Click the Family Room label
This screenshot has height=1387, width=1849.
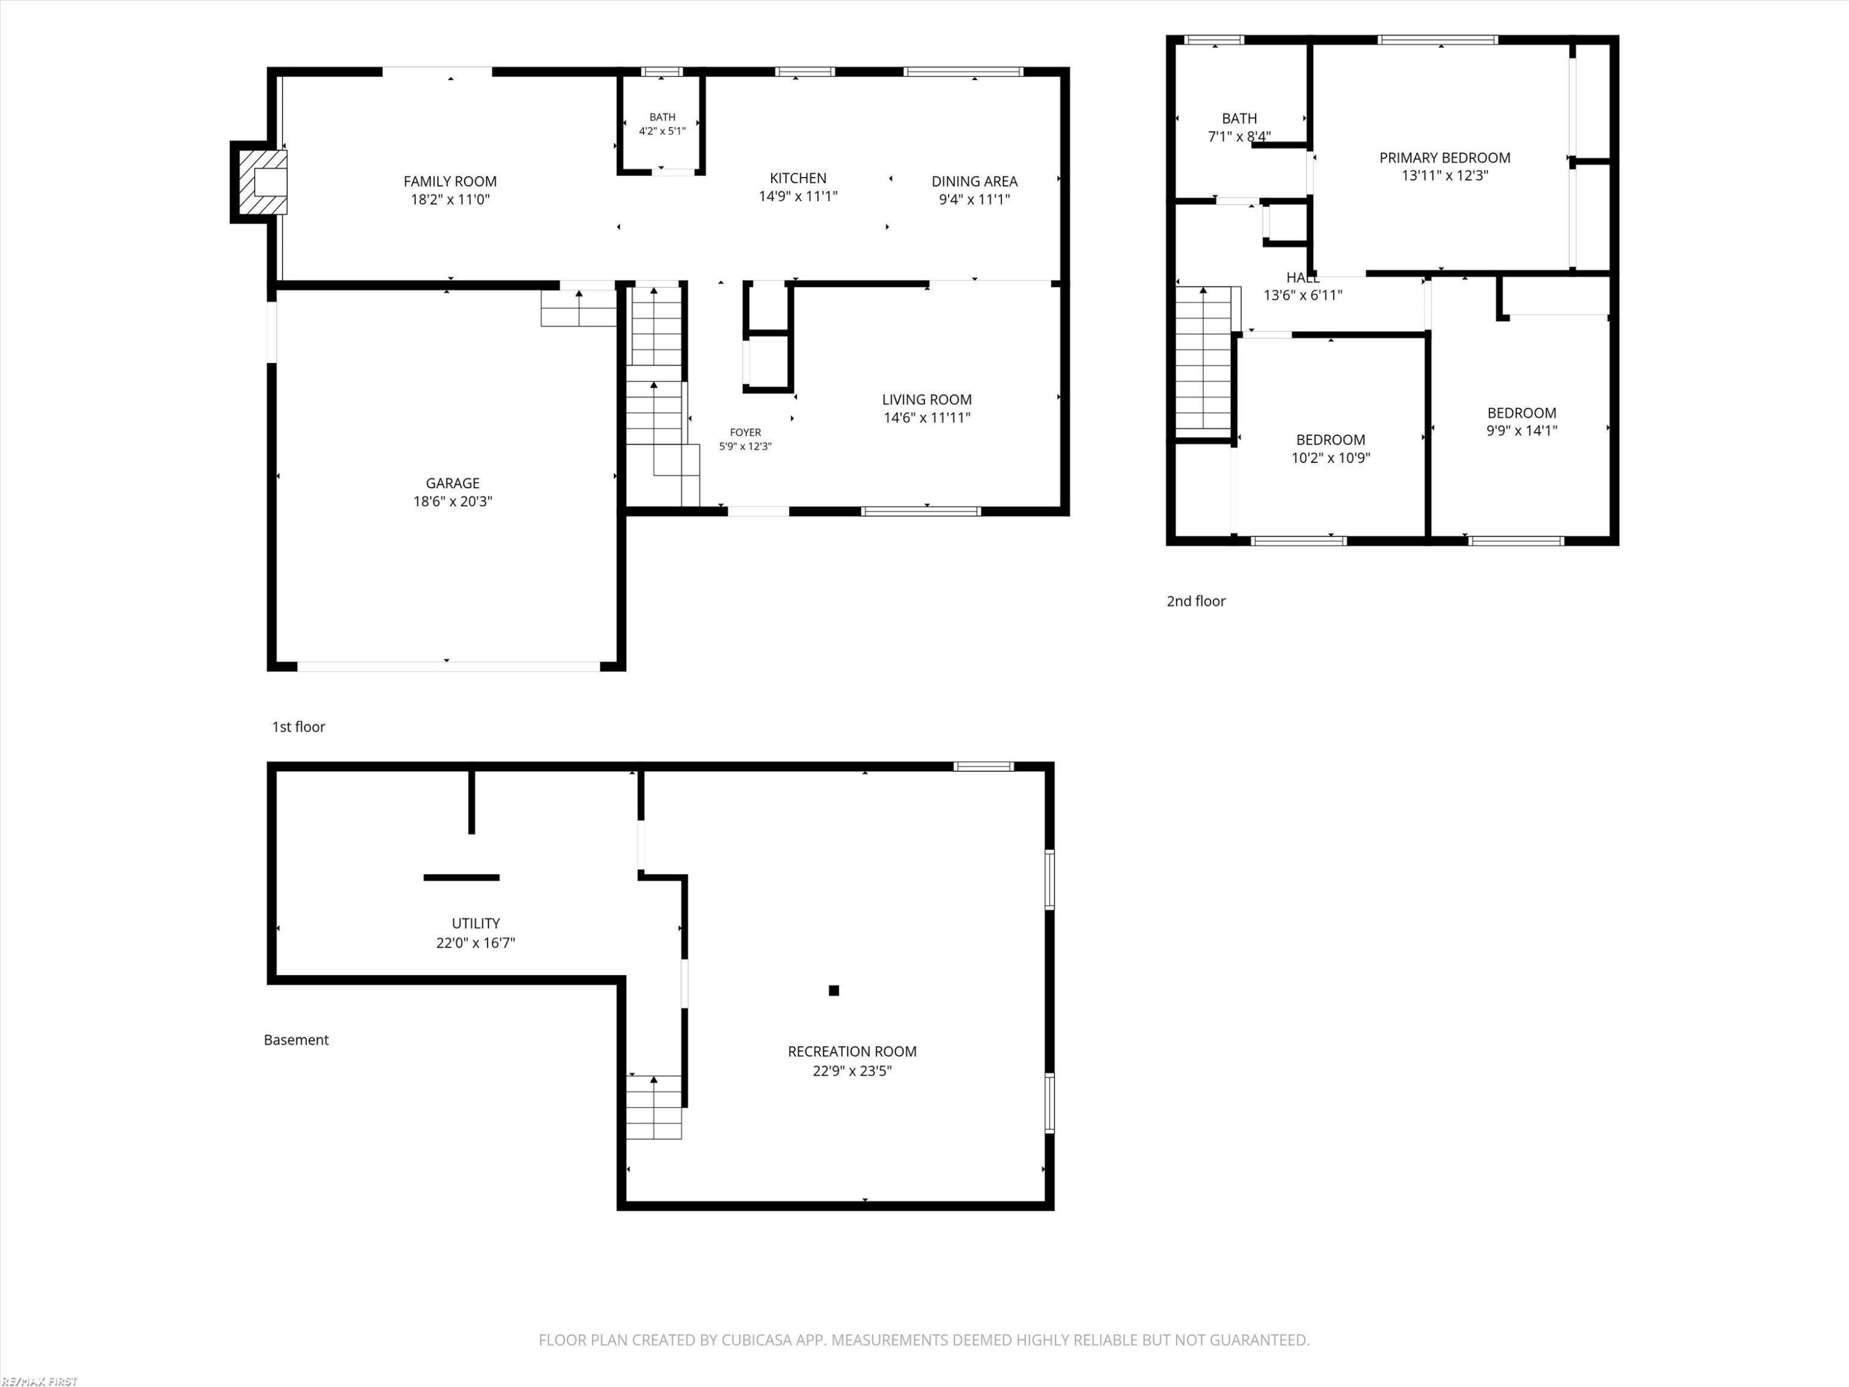click(450, 181)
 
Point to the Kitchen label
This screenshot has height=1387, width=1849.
click(798, 178)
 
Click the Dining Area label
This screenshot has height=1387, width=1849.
click(974, 181)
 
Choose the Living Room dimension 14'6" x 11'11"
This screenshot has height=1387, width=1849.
click(927, 418)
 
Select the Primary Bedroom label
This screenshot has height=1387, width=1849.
click(1445, 158)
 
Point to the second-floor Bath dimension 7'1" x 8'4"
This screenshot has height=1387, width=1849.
click(1239, 136)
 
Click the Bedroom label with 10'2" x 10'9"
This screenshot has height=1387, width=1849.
click(1331, 440)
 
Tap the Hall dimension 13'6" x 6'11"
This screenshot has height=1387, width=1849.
click(1303, 295)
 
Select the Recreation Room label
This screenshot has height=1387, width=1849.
click(852, 1052)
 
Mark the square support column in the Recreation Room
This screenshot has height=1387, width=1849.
click(833, 991)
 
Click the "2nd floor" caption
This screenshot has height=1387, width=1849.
click(1196, 601)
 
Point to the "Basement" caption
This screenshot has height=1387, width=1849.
click(296, 1040)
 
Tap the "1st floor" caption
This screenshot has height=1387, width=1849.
click(298, 727)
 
